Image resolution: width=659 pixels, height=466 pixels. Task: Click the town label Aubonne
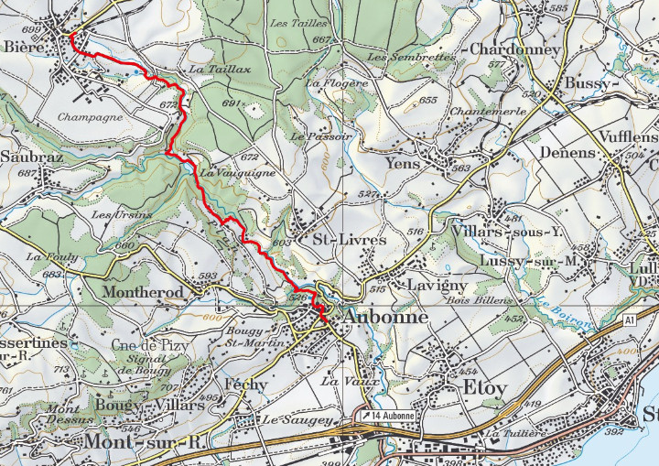pos(388,316)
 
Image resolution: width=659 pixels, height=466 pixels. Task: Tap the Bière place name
pos(24,46)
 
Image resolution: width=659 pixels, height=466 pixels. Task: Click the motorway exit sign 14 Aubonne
pos(388,416)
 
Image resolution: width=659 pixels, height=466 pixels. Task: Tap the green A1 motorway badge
pos(630,320)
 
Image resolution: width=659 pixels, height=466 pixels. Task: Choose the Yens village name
pos(404,164)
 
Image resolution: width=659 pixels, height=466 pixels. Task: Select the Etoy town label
pos(484,388)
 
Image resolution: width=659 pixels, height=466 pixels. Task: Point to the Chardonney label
pos(514,49)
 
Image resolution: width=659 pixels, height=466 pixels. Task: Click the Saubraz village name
pos(25,156)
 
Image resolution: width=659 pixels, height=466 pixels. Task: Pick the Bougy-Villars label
pos(147,404)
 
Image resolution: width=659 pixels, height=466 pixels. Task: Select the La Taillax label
pos(212,69)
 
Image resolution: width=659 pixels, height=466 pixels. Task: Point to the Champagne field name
pos(90,117)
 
